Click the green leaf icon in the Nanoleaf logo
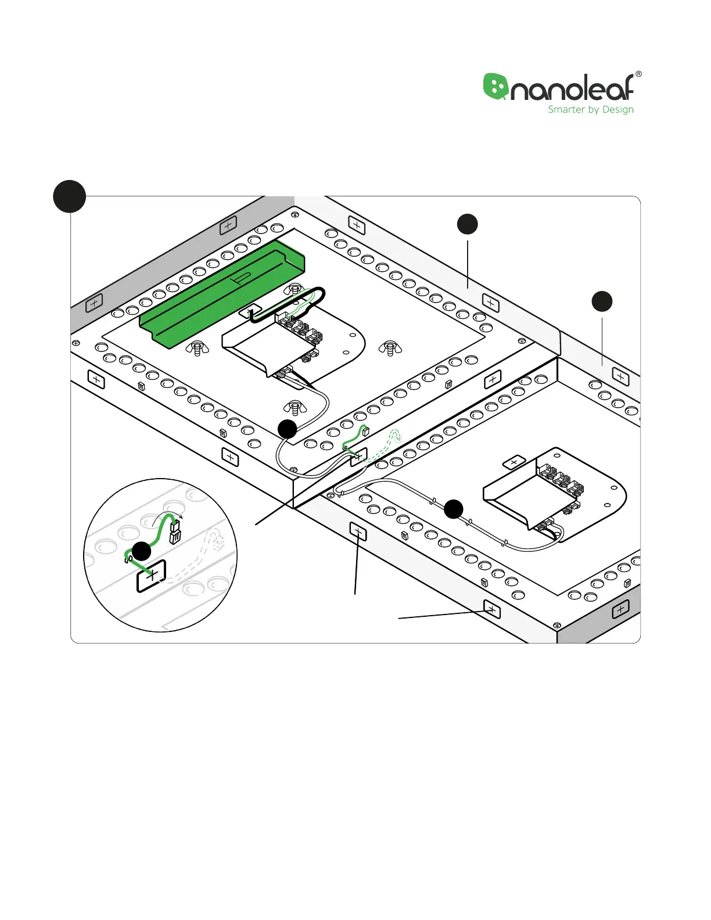point(495,87)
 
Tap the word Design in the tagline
point(618,110)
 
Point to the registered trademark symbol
point(638,74)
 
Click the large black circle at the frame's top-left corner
point(70,196)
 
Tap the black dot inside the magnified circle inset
point(141,551)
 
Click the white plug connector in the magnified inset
point(175,531)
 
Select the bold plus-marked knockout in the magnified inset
point(151,576)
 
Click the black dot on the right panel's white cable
point(454,509)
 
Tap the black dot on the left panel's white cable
point(288,429)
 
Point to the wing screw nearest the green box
point(296,290)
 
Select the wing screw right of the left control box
point(390,348)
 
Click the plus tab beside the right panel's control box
point(513,462)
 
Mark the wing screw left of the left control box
point(198,348)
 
